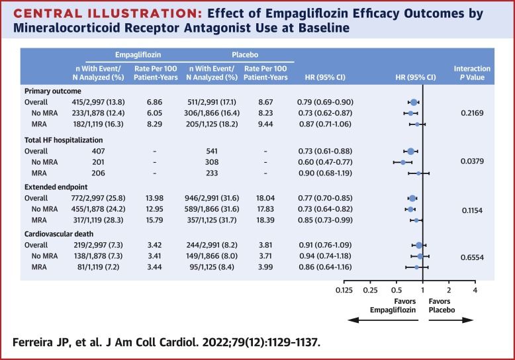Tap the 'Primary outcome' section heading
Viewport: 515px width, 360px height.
coord(52,91)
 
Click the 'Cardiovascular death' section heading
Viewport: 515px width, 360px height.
coord(59,234)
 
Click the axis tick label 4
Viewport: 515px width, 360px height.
coord(475,291)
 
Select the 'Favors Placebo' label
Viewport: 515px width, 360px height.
coord(444,306)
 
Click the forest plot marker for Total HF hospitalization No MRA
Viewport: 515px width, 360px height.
coord(403,161)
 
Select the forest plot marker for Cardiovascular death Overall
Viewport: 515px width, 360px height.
coord(419,246)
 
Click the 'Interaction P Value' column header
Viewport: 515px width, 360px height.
coord(471,73)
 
